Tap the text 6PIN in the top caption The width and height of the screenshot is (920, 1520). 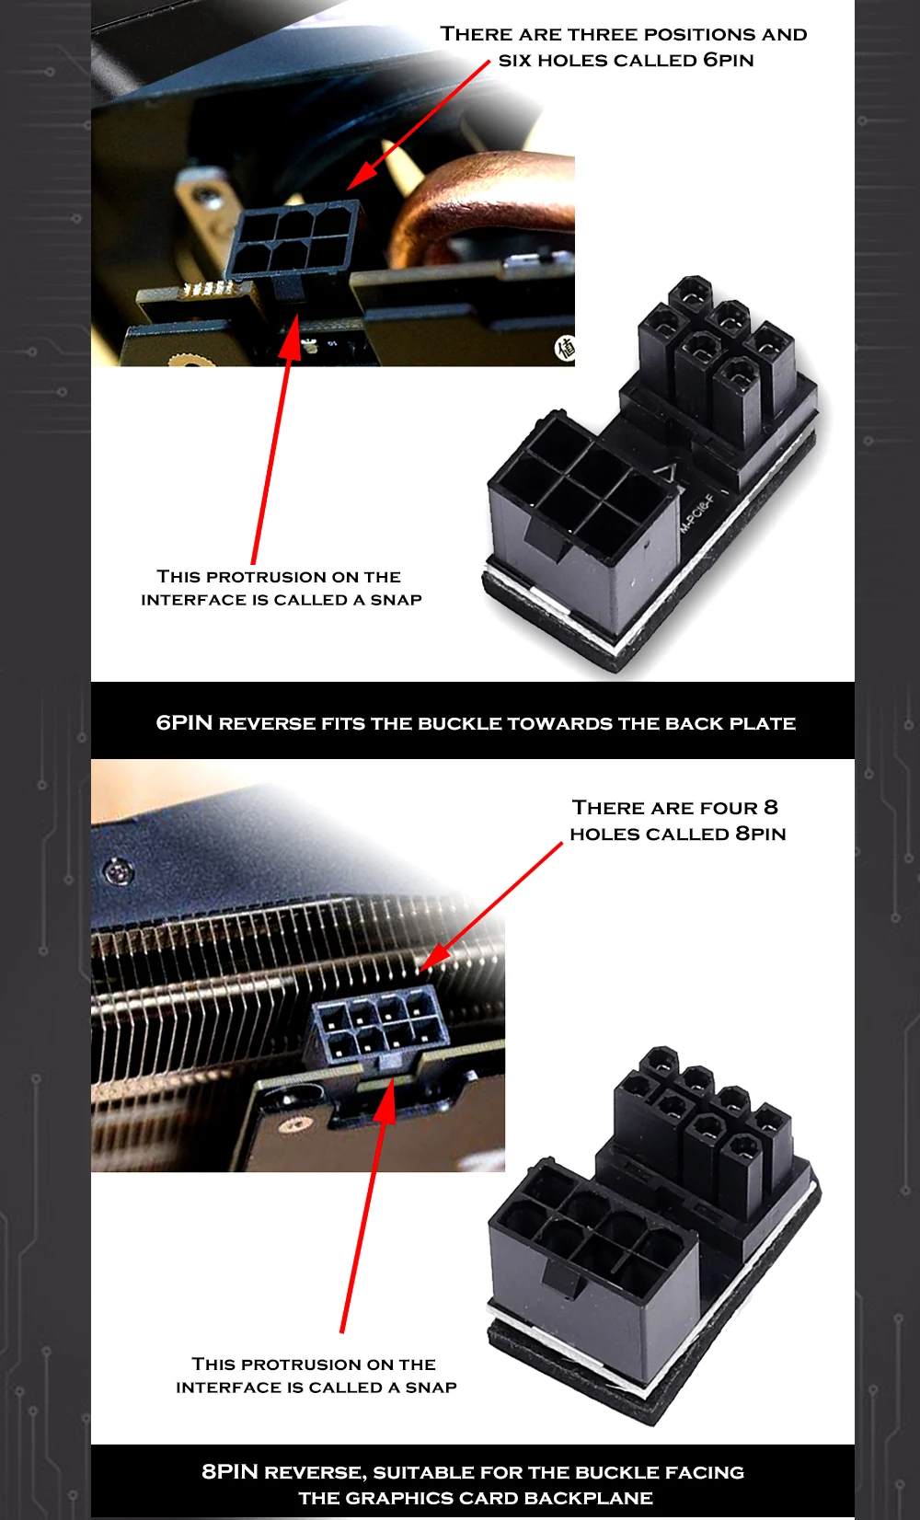(728, 60)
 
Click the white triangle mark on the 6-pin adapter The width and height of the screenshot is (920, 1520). (667, 473)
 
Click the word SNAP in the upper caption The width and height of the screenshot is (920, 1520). (396, 600)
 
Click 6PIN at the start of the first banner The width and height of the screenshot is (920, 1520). (184, 722)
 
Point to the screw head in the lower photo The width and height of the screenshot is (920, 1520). (119, 870)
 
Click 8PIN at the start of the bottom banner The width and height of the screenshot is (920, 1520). (230, 1471)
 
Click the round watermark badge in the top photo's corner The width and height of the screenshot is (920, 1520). (565, 348)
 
